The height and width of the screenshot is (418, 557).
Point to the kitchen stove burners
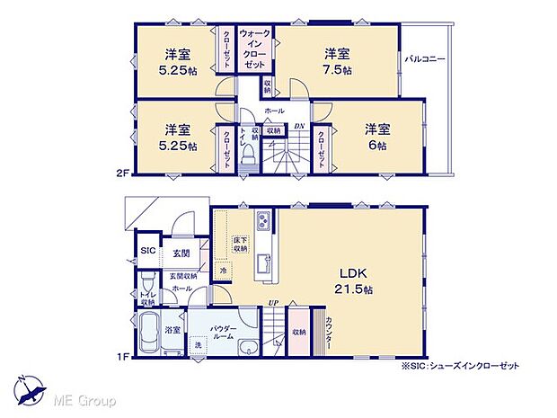pos(262,221)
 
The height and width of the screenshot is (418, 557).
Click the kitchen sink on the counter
pos(262,263)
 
